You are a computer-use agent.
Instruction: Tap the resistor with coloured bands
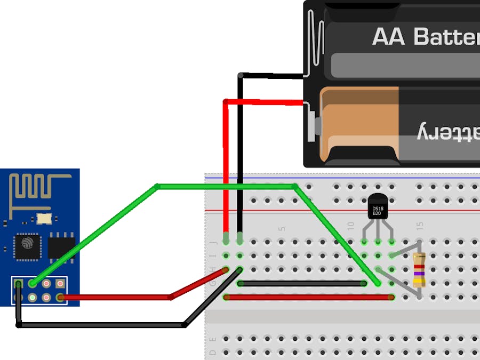[419, 270]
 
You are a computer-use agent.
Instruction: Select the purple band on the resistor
[419, 273]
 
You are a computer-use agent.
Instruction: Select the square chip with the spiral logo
[27, 247]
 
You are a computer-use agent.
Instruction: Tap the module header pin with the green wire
[33, 284]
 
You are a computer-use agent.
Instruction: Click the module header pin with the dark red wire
[60, 297]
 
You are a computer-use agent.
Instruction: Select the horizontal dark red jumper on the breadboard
[309, 297]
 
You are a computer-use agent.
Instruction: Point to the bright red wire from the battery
[226, 160]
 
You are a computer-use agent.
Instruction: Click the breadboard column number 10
[350, 226]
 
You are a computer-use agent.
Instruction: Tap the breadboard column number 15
[420, 226]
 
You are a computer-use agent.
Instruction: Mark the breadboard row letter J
[213, 241]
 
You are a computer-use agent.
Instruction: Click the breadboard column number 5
[282, 228]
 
